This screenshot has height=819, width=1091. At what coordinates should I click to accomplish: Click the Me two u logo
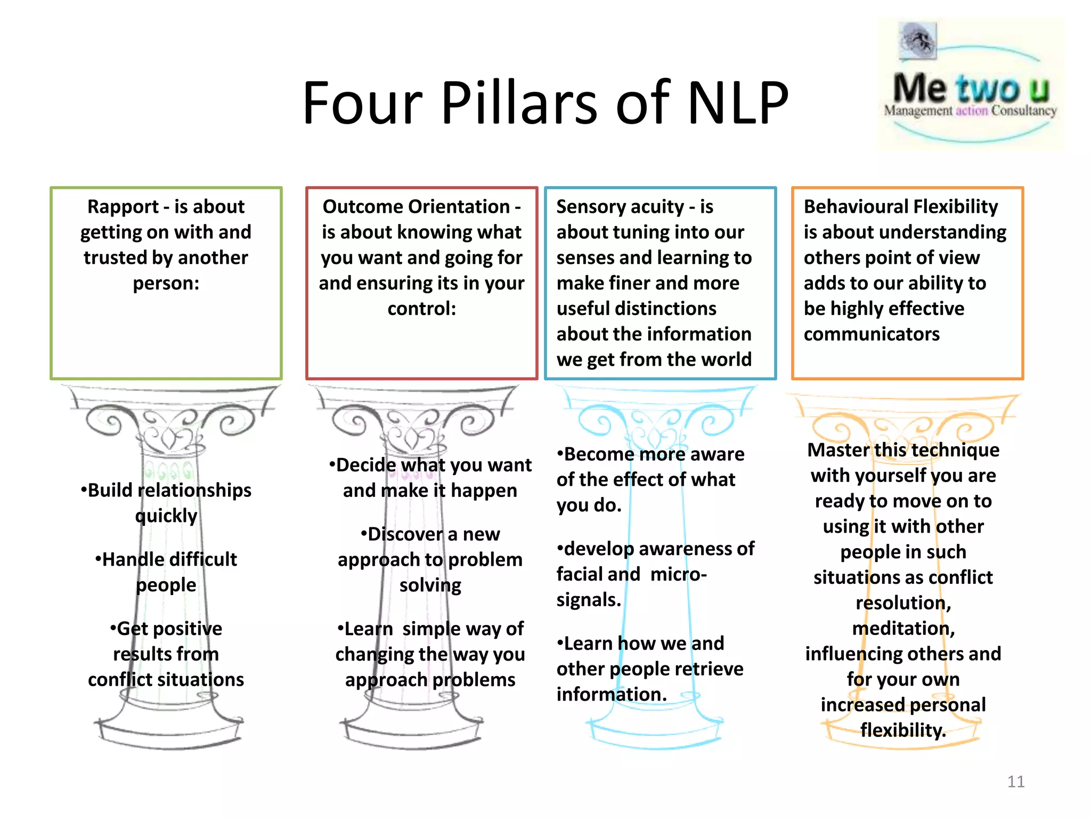[971, 85]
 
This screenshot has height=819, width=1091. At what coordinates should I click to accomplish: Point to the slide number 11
[1015, 782]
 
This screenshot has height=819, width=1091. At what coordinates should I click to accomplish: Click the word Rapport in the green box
[123, 207]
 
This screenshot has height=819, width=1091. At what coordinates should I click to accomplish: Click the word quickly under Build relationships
[166, 516]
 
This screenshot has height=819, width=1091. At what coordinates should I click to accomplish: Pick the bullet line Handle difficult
[166, 559]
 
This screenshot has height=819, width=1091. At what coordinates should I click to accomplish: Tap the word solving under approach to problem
[430, 585]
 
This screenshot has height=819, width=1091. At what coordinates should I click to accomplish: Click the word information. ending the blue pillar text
[612, 695]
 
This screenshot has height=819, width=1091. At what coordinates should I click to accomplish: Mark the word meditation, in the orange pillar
[903, 629]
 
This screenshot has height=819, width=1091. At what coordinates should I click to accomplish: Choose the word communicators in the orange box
[872, 334]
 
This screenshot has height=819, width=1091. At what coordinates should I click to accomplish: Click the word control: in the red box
[421, 309]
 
